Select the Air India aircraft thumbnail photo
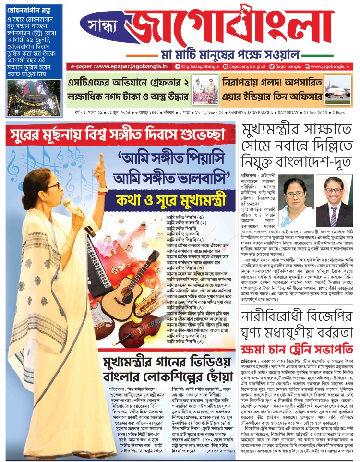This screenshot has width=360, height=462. [337, 91]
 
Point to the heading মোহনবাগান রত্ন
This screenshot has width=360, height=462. [25, 9]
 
